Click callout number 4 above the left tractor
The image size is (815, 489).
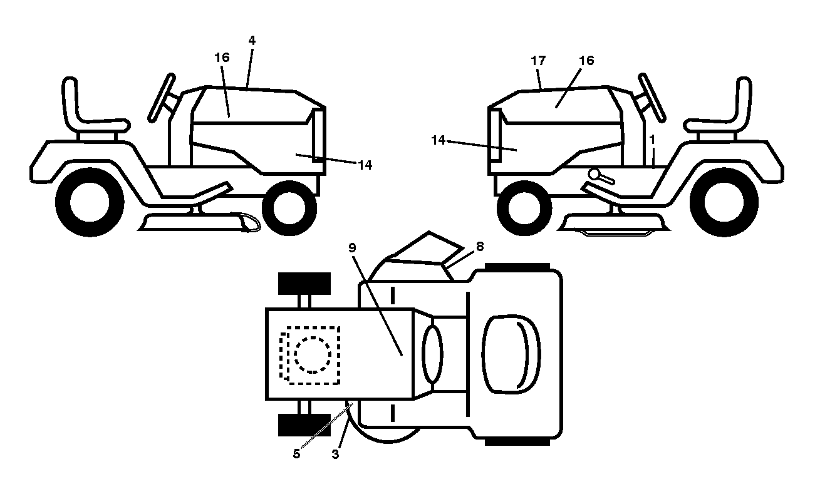pos(252,41)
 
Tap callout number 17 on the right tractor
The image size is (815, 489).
pos(538,61)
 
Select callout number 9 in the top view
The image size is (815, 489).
pos(352,248)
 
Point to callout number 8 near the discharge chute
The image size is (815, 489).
pos(480,247)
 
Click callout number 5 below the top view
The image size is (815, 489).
pos(296,454)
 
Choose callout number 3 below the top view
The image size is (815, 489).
pos(336,455)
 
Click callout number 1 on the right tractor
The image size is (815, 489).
pos(652,140)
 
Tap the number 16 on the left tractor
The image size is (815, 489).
pos(222,58)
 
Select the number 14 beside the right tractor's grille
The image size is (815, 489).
pos(438,140)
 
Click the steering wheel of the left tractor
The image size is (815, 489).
pos(162,98)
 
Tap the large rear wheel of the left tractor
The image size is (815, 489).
pos(90,202)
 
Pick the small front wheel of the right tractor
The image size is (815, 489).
pos(524,208)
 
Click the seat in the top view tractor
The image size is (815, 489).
pos(511,354)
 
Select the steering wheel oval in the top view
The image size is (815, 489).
pos(432,354)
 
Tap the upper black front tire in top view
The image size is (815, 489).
pos(304,284)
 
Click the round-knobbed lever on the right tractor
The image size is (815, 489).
pos(601,177)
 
